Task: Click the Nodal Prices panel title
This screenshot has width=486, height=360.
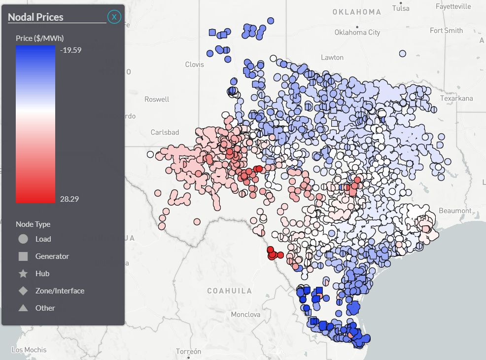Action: tap(35, 17)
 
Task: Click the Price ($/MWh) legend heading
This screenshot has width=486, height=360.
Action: tap(40, 38)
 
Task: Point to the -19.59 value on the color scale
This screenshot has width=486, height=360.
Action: tap(69, 50)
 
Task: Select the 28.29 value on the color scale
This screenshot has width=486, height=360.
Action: tap(69, 199)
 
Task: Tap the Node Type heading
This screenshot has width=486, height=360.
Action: tap(33, 224)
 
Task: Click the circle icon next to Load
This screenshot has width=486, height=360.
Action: tap(23, 239)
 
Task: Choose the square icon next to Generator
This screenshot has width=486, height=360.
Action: tap(23, 256)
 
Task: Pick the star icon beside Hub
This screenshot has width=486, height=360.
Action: tap(23, 274)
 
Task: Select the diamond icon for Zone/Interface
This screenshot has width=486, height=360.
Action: tap(23, 291)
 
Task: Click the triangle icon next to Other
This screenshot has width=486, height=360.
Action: tap(23, 308)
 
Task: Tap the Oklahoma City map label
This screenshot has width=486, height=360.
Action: tap(357, 33)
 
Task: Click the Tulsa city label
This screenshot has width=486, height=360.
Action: tap(401, 8)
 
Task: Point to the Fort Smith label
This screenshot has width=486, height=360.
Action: tap(446, 31)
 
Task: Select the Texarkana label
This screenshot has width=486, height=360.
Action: tap(456, 98)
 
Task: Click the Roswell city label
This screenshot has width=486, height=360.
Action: tap(157, 99)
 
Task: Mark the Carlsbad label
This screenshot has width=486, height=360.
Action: tap(165, 132)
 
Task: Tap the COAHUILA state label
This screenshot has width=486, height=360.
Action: tap(229, 290)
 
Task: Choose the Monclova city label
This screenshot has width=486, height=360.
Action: tap(245, 314)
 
